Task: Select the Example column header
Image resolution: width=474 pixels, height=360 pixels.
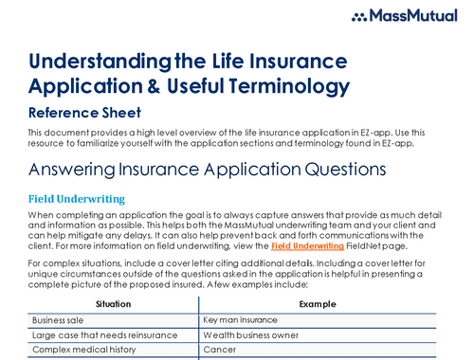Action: [x=318, y=303]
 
